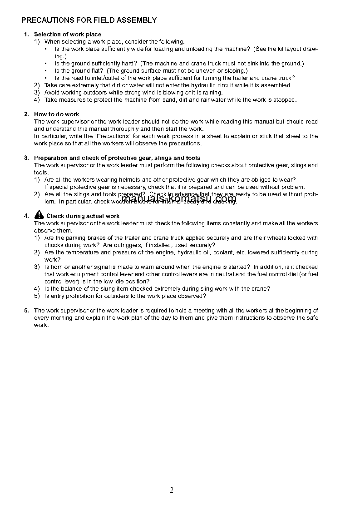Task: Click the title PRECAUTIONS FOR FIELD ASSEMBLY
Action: [89, 20]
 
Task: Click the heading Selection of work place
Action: [68, 35]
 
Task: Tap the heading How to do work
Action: [57, 114]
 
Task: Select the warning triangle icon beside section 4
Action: [39, 215]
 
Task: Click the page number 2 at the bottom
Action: [171, 490]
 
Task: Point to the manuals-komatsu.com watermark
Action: [179, 198]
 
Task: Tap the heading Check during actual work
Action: [83, 216]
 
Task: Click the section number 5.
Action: [26, 311]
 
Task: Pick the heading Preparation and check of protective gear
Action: [117, 158]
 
